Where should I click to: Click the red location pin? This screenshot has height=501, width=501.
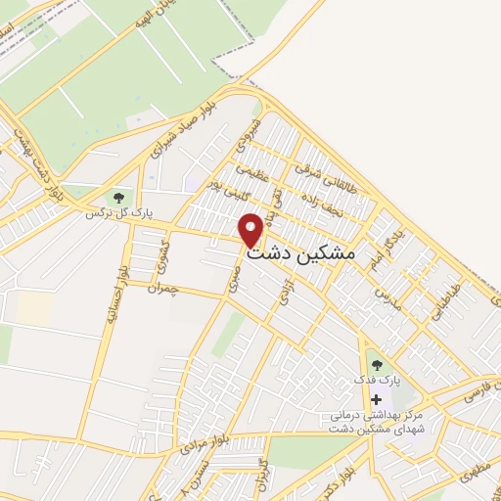coord(251,229)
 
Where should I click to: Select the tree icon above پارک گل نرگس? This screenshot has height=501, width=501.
coord(118,199)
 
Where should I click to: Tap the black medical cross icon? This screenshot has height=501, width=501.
coord(376,400)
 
